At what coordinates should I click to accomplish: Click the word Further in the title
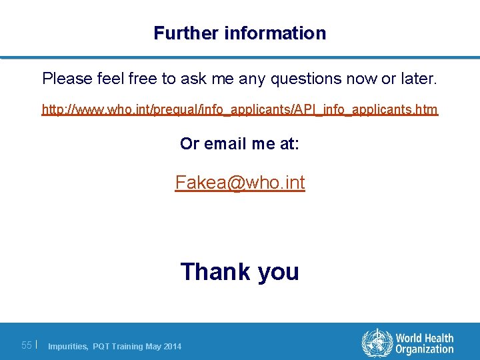click(x=178, y=33)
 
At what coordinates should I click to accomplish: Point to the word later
click(x=418, y=79)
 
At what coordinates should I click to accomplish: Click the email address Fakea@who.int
click(x=240, y=182)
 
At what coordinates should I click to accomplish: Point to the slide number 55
click(x=27, y=345)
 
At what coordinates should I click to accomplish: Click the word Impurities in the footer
click(x=67, y=346)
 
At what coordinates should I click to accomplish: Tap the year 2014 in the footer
click(x=171, y=346)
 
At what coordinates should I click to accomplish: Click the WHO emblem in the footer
click(x=376, y=343)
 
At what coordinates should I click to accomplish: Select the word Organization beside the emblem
click(x=424, y=349)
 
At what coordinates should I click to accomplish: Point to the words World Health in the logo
click(x=424, y=338)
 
